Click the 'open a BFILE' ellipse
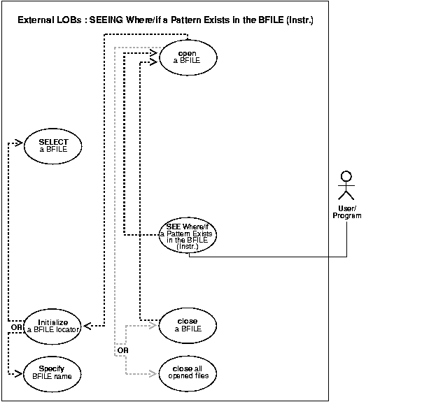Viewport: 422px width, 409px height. (x=187, y=57)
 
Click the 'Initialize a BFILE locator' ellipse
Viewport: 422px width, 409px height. (x=54, y=324)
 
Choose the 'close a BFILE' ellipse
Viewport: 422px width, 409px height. (x=188, y=324)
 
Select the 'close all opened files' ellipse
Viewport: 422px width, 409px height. (x=188, y=372)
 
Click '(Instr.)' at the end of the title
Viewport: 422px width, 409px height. (x=297, y=21)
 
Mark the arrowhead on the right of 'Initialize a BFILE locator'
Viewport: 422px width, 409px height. (x=87, y=325)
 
